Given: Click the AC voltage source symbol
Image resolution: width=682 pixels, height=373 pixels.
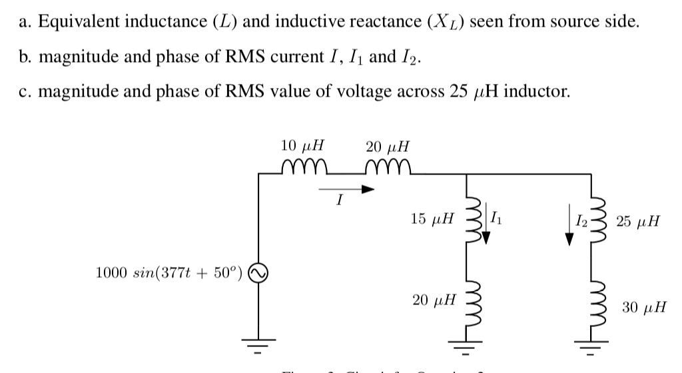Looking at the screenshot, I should click(258, 272).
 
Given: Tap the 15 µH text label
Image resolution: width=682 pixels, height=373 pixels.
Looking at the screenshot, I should click(433, 218).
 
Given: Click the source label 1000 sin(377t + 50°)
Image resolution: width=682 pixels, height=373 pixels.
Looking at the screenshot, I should click(170, 272).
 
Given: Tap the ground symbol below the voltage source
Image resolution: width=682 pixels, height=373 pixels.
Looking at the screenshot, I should click(258, 345).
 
